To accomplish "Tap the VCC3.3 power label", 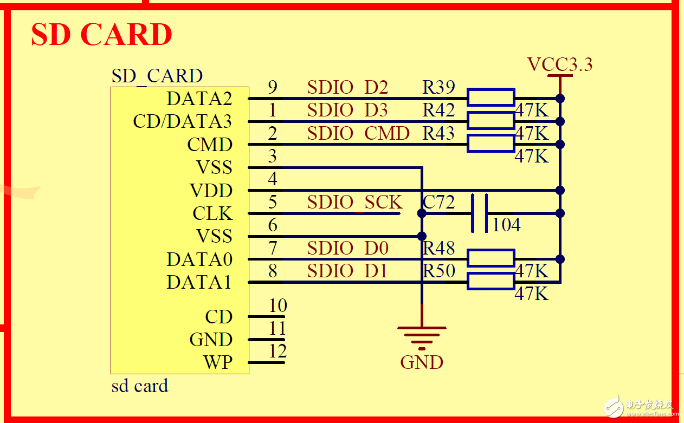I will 560,65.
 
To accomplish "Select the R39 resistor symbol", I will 491,97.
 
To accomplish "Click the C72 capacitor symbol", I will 479,213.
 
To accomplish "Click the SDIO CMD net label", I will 358,133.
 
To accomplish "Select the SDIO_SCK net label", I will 355,203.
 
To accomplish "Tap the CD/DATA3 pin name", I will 182,121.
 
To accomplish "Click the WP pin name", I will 218,362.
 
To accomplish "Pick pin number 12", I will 278,352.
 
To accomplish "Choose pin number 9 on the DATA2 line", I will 273,87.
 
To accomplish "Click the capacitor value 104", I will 506,225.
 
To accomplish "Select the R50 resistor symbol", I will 491,282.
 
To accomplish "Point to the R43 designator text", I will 438,133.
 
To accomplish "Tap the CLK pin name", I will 212,213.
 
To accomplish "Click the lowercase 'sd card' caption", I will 140,386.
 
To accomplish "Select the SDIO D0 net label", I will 347,249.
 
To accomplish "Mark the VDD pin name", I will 211,191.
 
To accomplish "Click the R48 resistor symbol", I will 491,258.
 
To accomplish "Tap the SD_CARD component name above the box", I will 157,76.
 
